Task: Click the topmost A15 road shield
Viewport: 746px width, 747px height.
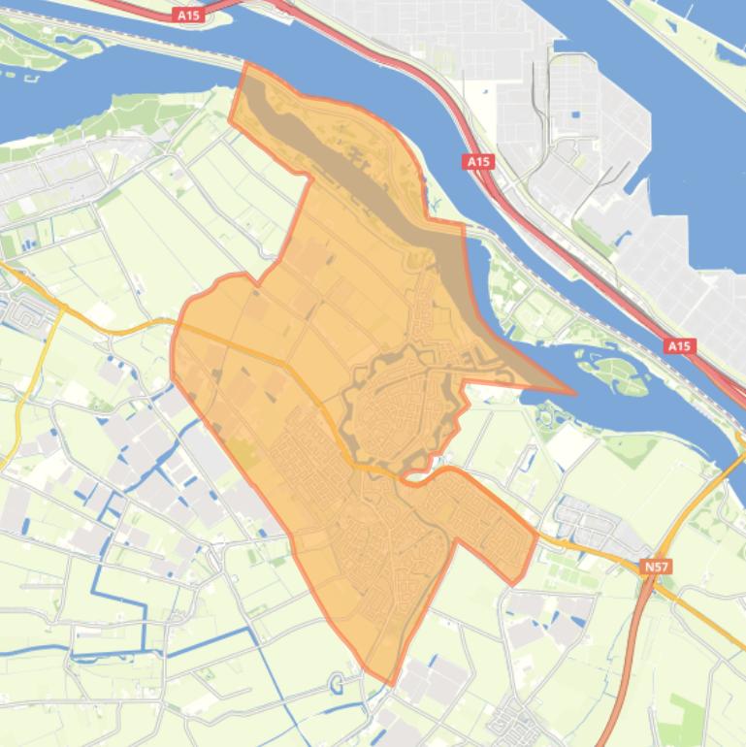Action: coord(189,15)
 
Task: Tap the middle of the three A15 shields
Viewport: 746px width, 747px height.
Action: coord(478,161)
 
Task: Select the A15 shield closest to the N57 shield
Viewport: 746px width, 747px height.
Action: coord(679,345)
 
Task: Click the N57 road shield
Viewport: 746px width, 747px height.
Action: coord(657,566)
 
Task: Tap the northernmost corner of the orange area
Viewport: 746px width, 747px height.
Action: coord(247,65)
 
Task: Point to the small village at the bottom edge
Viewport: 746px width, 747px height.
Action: coord(514,723)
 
